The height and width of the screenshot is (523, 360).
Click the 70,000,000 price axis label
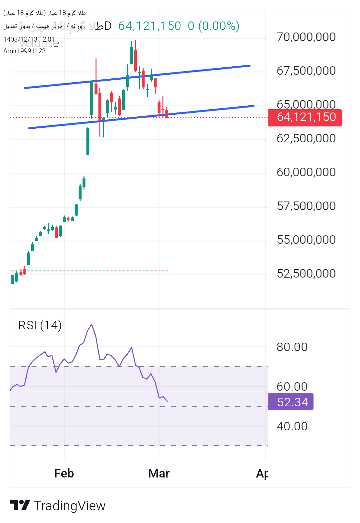[306, 37]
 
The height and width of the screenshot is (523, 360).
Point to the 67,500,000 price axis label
[306, 71]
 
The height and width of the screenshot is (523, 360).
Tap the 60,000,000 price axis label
[306, 172]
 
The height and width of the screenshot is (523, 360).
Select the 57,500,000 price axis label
[306, 206]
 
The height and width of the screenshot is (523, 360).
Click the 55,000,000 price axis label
[306, 240]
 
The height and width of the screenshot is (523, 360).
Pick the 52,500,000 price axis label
[306, 274]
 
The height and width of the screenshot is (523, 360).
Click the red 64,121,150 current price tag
[305, 117]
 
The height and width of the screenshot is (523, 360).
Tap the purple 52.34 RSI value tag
[291, 402]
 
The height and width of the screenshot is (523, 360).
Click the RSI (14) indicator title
[40, 325]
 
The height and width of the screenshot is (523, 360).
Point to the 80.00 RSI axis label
[292, 347]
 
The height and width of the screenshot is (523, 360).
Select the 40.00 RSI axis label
[292, 426]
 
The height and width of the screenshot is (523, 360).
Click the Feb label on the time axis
[64, 474]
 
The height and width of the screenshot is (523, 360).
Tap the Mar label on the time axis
[159, 474]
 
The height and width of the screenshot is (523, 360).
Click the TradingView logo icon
[20, 505]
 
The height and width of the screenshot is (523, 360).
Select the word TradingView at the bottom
[70, 506]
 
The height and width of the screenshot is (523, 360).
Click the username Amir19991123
[24, 51]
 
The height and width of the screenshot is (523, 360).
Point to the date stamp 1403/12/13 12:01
[29, 39]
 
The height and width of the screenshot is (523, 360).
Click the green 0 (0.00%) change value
[213, 26]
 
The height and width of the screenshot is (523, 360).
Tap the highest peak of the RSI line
[92, 324]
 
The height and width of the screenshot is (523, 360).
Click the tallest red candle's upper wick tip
[96, 59]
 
